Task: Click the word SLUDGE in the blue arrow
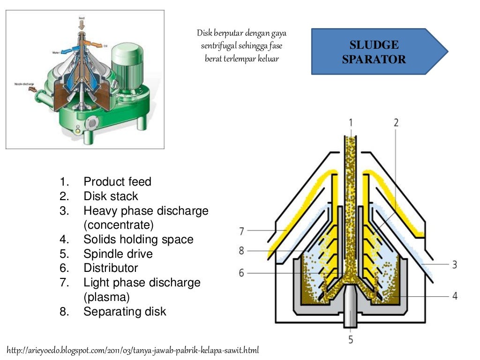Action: (374, 45)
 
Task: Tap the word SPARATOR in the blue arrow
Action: (374, 60)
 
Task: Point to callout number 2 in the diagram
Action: (396, 123)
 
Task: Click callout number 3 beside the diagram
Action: (454, 264)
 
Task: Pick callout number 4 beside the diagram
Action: (454, 296)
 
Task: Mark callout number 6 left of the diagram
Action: (241, 272)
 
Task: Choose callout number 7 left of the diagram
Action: (241, 231)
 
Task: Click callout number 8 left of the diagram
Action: (241, 251)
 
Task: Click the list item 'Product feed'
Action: (117, 181)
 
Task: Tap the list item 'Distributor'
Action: (111, 268)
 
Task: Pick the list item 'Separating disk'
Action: (125, 312)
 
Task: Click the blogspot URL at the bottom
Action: (133, 350)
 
